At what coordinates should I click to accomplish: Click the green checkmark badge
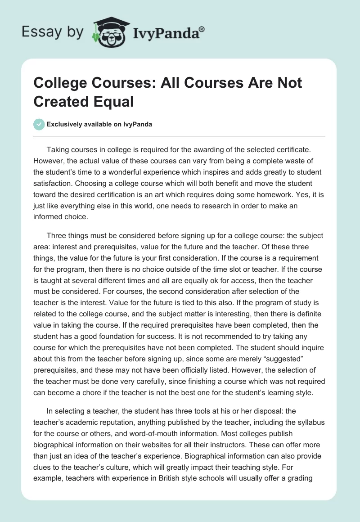click(40, 124)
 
